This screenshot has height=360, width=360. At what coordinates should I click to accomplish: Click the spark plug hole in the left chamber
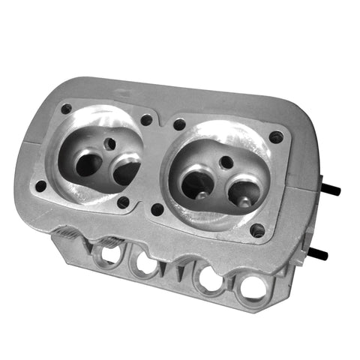pos(110,142)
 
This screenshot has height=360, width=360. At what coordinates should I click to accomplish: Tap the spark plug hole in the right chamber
pos(226,161)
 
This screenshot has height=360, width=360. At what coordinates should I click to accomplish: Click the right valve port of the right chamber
pos(244,193)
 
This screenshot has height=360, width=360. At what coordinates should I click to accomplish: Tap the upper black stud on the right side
pos(330,190)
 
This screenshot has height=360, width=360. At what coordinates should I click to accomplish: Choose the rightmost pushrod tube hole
pos(251,287)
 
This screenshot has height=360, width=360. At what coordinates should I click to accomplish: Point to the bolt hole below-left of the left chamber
pos(40,185)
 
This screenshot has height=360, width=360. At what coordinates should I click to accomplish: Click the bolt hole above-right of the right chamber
pos(276,137)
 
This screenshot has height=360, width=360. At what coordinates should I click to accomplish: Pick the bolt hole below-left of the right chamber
pos(157,209)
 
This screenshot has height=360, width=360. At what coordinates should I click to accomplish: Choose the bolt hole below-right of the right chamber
pos(257,230)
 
